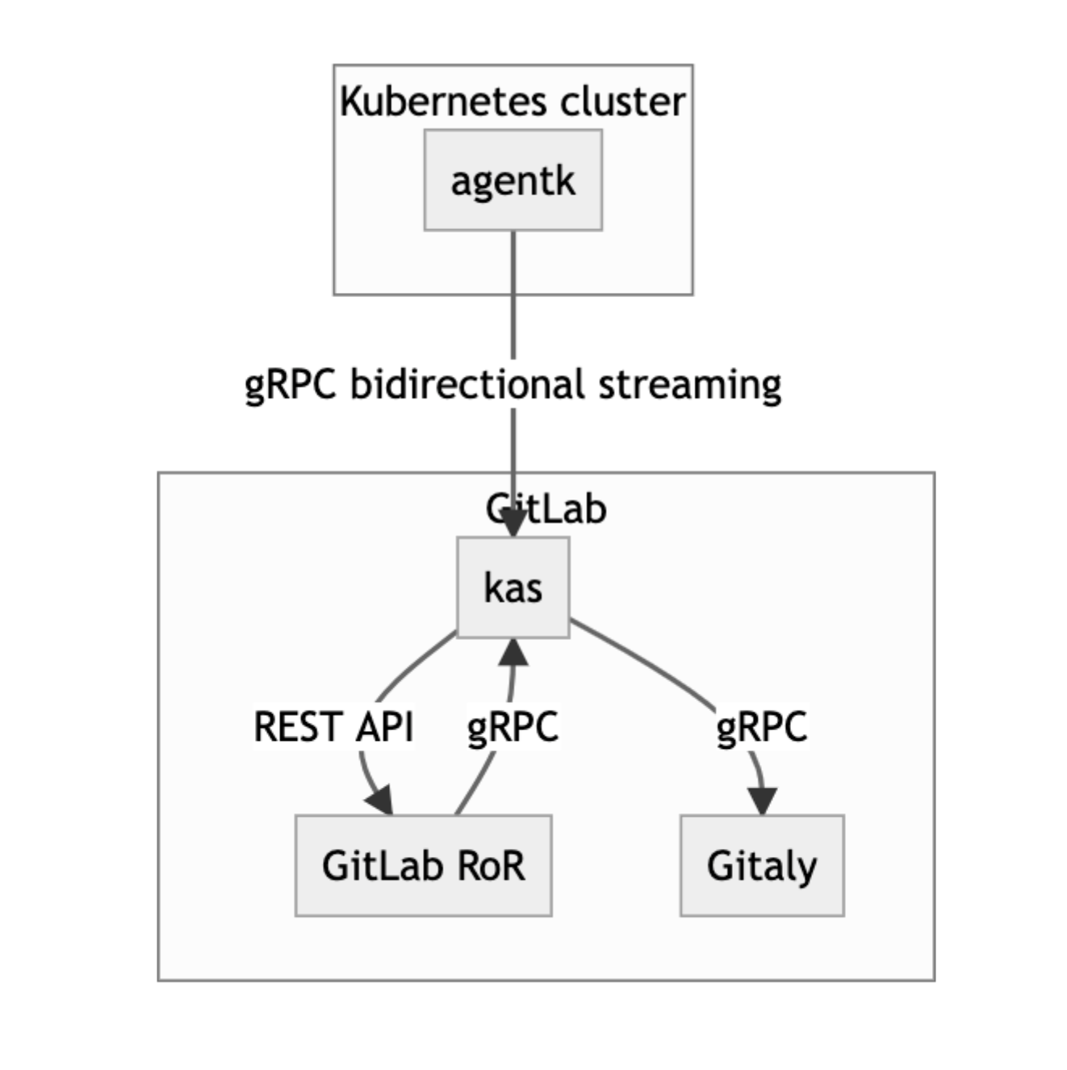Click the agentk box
(x=513, y=180)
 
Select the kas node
(x=513, y=587)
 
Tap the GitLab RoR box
(x=423, y=865)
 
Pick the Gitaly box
(x=762, y=865)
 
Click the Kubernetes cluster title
(x=513, y=102)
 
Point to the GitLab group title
(x=546, y=509)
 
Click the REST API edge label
(x=333, y=726)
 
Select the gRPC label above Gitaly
(x=761, y=726)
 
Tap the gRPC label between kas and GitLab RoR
(x=513, y=726)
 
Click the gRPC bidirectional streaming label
(x=513, y=384)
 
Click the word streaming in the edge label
(x=689, y=384)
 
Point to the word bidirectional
(x=467, y=384)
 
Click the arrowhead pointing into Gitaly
(x=763, y=800)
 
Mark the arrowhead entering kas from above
(x=513, y=525)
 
